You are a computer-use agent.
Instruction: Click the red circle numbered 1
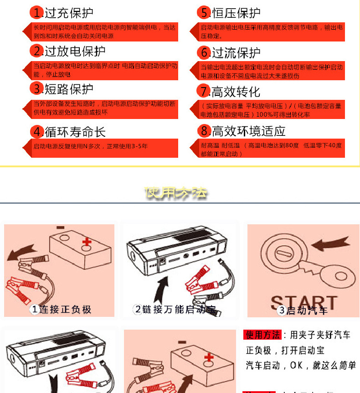click(x=37, y=13)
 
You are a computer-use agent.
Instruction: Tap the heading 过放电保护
click(x=75, y=51)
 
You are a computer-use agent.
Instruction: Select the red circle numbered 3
click(x=37, y=88)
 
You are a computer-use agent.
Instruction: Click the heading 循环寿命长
click(x=75, y=132)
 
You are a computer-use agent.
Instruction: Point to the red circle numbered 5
click(x=204, y=13)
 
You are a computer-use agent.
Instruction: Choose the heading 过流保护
click(x=236, y=52)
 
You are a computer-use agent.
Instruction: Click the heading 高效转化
click(x=236, y=92)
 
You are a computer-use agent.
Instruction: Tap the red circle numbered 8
click(x=204, y=131)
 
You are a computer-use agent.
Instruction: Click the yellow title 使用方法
click(x=176, y=193)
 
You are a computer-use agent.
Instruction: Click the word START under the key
click(x=303, y=302)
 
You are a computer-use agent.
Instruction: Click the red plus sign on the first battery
click(x=87, y=242)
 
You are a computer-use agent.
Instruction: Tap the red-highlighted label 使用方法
click(x=262, y=335)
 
